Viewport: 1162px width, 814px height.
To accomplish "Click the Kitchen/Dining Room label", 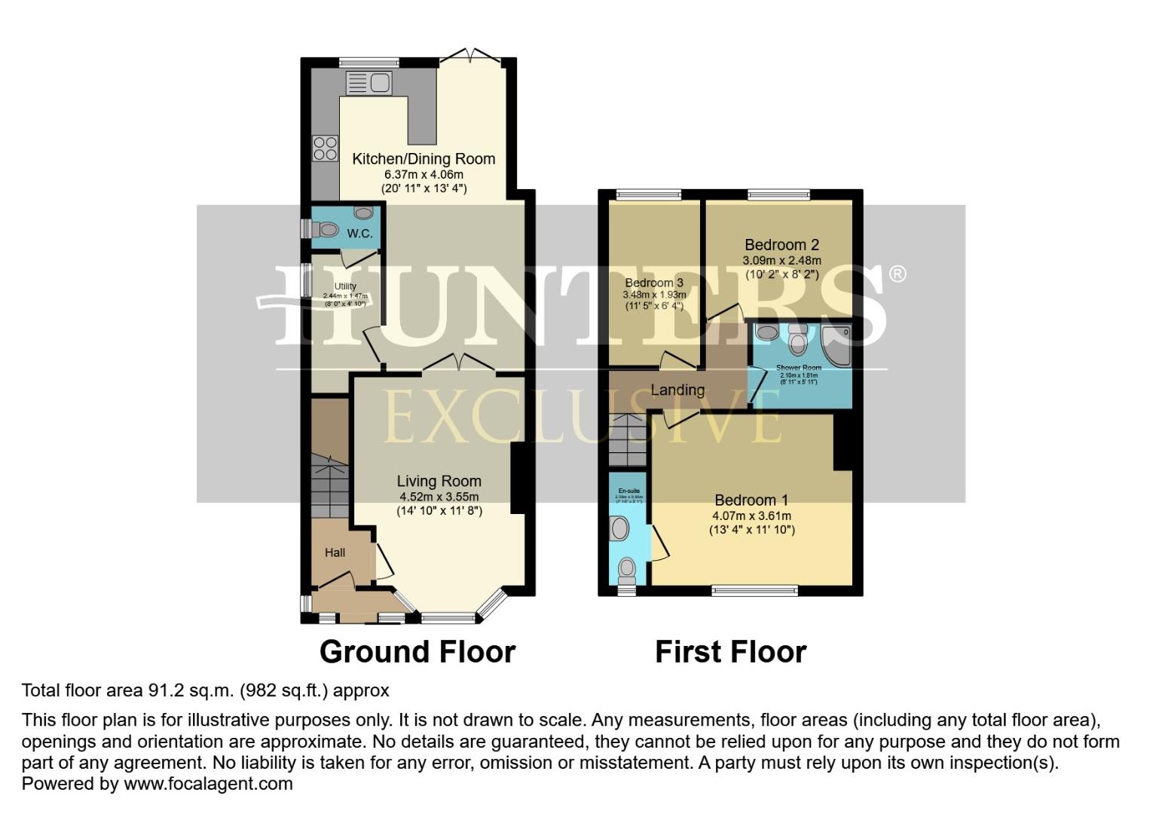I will coord(424,159).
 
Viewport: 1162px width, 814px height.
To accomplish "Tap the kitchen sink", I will coord(368,83).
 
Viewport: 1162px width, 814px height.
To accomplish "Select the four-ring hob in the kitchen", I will coord(326,148).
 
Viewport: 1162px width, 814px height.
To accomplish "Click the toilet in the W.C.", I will coord(326,229).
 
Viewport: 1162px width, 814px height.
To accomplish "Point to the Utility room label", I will coord(345,286).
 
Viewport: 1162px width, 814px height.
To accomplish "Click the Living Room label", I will coord(439,481).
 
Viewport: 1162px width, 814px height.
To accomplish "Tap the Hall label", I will coord(335,552).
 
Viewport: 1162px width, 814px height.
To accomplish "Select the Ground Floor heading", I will coord(417,652).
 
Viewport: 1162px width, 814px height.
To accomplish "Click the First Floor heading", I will coord(730,652).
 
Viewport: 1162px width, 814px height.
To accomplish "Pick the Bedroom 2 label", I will coord(781,245).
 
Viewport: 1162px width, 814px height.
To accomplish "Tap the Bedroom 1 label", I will coord(751,500).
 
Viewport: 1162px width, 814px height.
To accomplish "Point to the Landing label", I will coord(677,390).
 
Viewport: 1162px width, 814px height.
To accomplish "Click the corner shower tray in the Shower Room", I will coord(836,345).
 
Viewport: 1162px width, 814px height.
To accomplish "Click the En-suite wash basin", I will coord(620,528).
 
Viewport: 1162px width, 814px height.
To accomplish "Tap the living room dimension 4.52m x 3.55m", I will coord(439,497).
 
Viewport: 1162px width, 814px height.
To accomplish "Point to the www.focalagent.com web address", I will coord(208,783).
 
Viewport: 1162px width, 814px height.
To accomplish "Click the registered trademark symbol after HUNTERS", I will coord(897,274).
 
